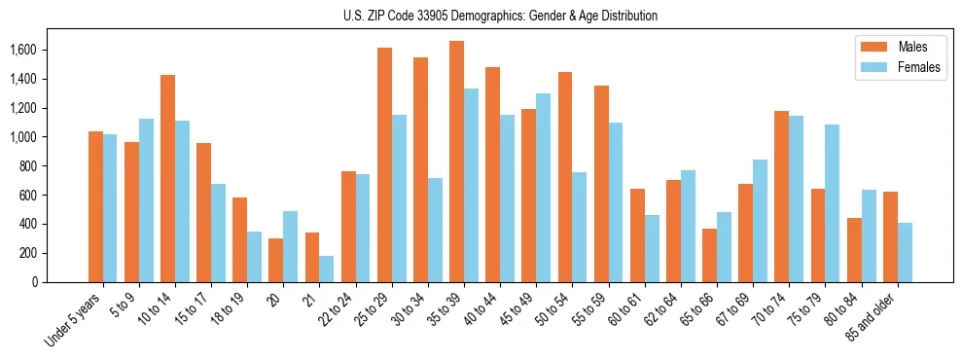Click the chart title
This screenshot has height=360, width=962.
(500, 16)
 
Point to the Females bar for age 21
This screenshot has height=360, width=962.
(326, 269)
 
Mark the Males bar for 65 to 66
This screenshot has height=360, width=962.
(709, 255)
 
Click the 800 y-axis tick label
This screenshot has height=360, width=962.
(29, 166)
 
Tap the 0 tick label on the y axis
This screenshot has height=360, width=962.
(35, 282)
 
